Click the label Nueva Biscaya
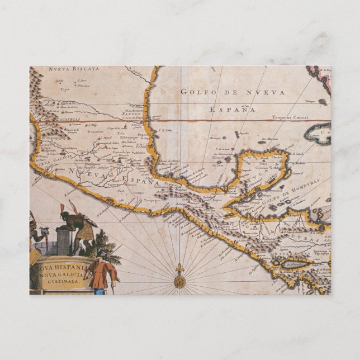(73, 69)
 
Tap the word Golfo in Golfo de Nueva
(195, 92)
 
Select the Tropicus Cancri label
(290, 117)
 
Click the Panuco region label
(131, 113)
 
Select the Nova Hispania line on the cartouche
(61, 268)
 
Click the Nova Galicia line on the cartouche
(61, 276)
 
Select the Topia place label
(65, 88)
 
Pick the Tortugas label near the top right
(310, 101)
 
